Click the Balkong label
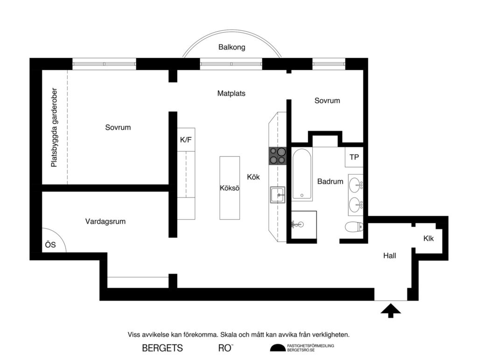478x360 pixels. pos(232,47)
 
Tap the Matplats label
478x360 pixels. pos(231,93)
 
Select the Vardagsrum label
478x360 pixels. pos(105,221)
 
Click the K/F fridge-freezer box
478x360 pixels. pos(186,139)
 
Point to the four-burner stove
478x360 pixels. pos(277,156)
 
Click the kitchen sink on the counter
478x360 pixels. pos(277,195)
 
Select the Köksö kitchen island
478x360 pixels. pos(230,188)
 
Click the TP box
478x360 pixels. pos(354,157)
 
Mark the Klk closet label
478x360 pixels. pos(429,239)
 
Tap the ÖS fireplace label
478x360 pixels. pos(50,244)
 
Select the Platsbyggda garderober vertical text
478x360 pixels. pos(54,127)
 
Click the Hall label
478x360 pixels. pos(389,255)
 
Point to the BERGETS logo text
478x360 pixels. pos(162,348)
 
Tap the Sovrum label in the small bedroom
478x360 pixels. pos(327,100)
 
